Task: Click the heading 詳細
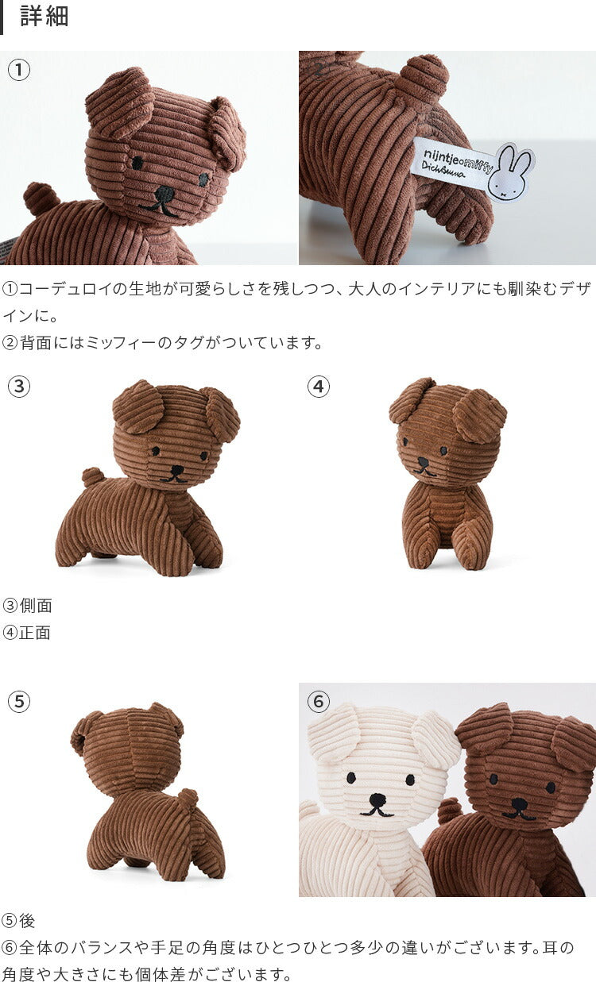click(x=45, y=17)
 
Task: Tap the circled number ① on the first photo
click(x=19, y=70)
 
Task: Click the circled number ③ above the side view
click(x=19, y=387)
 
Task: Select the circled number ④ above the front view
click(x=318, y=387)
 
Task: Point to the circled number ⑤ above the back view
click(x=19, y=701)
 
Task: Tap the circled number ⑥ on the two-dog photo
click(x=318, y=702)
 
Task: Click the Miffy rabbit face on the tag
click(x=510, y=172)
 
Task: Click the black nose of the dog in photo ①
click(x=164, y=193)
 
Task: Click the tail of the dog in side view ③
click(x=92, y=476)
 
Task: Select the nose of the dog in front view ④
click(x=423, y=462)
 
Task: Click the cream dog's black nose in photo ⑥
click(x=377, y=799)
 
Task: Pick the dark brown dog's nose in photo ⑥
click(x=519, y=804)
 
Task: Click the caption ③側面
click(x=27, y=606)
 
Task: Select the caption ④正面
click(x=26, y=633)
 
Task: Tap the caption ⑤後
click(x=18, y=921)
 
